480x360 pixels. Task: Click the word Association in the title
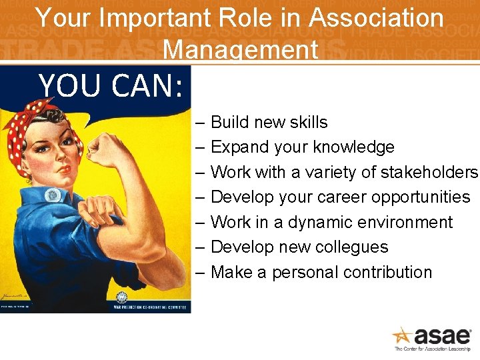click(376, 18)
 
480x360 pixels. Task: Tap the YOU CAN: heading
click(110, 85)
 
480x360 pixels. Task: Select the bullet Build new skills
click(269, 122)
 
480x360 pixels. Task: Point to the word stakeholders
click(429, 172)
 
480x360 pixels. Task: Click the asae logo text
click(443, 335)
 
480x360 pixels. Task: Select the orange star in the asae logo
click(402, 335)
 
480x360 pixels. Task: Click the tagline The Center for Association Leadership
click(433, 349)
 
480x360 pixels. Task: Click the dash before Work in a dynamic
click(201, 223)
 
